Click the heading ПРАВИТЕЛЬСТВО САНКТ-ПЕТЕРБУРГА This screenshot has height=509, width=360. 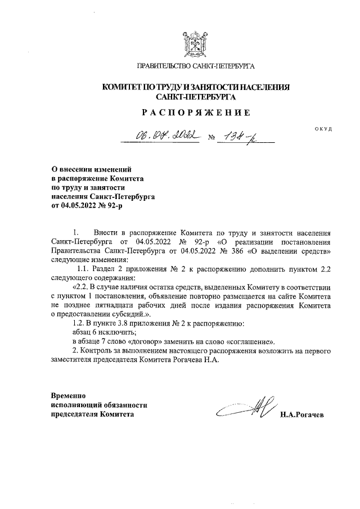(x=196, y=67)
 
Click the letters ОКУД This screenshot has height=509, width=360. (x=323, y=129)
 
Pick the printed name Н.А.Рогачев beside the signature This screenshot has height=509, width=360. (x=305, y=415)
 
